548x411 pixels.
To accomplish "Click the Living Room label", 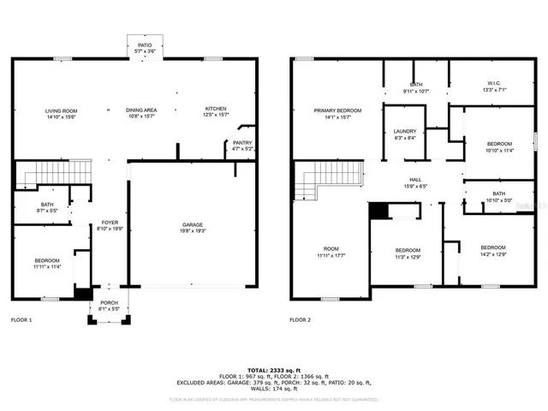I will pyautogui.click(x=61, y=110).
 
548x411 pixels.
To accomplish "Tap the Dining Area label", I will pyautogui.click(x=141, y=110).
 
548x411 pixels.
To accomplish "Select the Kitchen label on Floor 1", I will pyautogui.click(x=215, y=109).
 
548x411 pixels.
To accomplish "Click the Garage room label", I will pyautogui.click(x=193, y=225).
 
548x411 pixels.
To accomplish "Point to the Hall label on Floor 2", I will pyautogui.click(x=414, y=181).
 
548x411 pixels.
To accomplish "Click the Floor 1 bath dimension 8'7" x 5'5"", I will pyautogui.click(x=46, y=210).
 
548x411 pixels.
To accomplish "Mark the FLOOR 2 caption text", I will pyautogui.click(x=300, y=319).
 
